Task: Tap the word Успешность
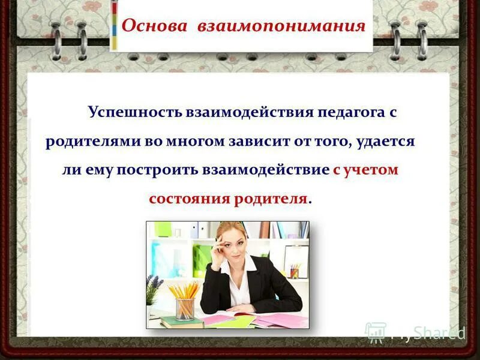coord(136,112)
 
